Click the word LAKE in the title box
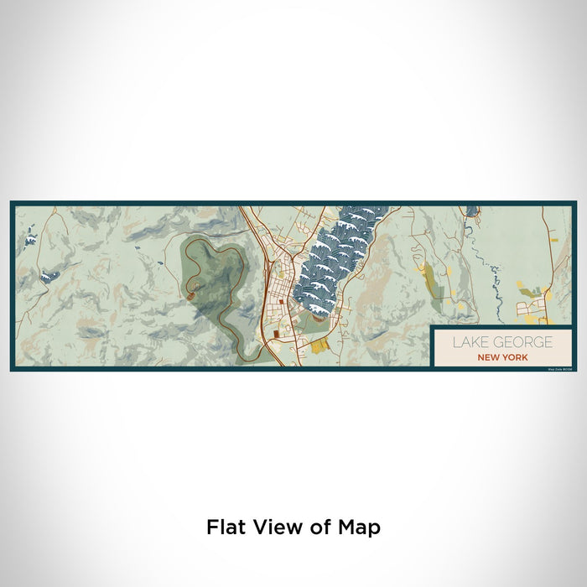click(x=469, y=342)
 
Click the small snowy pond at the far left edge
click(x=30, y=241)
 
